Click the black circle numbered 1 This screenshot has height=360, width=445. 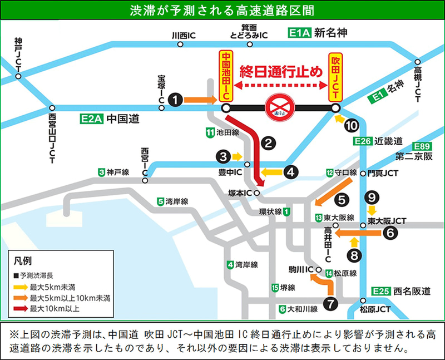pyautogui.click(x=176, y=100)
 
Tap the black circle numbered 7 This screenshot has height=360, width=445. pyautogui.click(x=330, y=304)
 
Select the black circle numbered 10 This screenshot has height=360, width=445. pyautogui.click(x=351, y=126)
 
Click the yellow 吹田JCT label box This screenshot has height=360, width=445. pyautogui.click(x=335, y=76)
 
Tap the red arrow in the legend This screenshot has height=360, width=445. pyautogui.click(x=21, y=308)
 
